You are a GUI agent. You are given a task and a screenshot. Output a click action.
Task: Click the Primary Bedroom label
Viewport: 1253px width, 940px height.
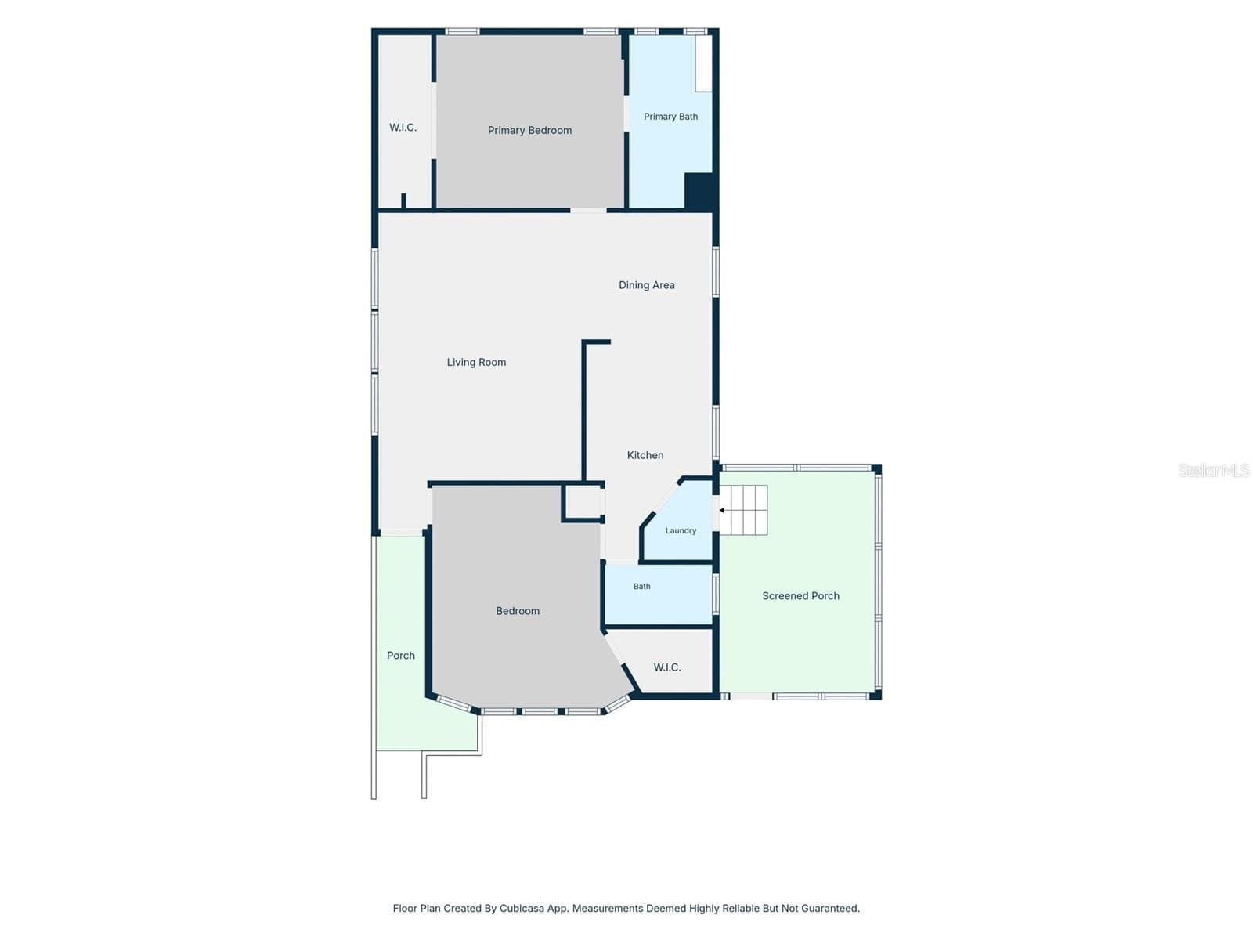[529, 131]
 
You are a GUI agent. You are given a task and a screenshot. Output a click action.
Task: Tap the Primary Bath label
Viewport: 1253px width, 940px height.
[670, 117]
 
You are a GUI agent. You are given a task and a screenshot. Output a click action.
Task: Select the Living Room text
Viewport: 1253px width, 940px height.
[476, 363]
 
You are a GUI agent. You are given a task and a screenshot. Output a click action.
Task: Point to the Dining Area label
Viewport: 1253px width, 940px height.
[646, 285]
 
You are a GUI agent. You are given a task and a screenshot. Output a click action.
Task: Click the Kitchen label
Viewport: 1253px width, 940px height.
[645, 455]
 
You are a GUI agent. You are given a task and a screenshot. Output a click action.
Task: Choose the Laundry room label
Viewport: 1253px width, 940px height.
[681, 530]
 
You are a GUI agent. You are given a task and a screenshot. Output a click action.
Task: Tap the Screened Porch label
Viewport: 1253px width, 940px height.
[800, 596]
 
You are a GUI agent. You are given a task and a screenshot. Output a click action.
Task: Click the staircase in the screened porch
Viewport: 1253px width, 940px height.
[743, 510]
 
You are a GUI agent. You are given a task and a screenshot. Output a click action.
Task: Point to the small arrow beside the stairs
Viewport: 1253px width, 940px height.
[723, 510]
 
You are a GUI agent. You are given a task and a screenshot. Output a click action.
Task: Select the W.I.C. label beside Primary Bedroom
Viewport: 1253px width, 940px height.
[403, 127]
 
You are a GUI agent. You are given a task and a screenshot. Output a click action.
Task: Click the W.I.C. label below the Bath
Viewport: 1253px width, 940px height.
[666, 667]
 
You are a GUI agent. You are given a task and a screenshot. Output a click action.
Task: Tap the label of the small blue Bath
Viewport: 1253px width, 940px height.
[641, 586]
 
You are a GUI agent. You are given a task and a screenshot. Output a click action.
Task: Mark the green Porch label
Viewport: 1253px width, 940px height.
[400, 655]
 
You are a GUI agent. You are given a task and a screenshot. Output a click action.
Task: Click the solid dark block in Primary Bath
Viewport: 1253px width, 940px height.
[698, 190]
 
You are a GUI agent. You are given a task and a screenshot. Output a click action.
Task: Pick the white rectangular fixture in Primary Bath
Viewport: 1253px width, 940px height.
[703, 63]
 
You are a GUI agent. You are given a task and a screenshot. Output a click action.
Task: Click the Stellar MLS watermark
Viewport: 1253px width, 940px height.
[1214, 470]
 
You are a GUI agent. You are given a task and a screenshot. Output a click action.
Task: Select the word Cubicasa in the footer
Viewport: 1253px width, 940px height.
[522, 908]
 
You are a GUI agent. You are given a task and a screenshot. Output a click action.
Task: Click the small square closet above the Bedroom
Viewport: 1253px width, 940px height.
[583, 503]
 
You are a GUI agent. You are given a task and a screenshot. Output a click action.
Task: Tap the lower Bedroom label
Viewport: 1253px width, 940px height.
[517, 611]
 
